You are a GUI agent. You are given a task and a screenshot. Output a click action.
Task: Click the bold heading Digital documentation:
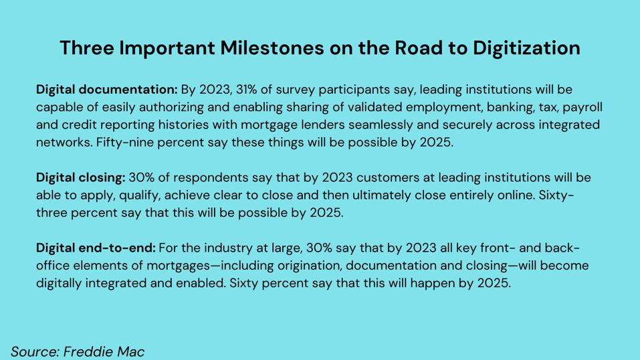(107, 90)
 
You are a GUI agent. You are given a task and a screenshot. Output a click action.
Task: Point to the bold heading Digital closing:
(80, 178)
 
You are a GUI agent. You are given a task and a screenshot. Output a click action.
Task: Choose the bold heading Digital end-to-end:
(96, 248)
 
